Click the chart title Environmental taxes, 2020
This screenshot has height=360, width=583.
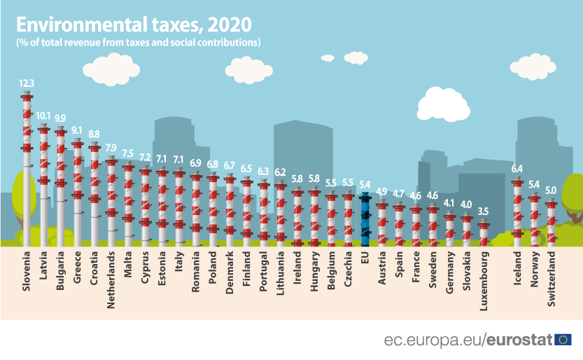coord(133,25)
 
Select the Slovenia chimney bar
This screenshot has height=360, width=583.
coord(27,168)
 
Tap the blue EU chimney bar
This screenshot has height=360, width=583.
coord(365,219)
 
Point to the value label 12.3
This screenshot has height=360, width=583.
coord(27,83)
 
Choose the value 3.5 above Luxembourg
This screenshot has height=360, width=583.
coord(483,211)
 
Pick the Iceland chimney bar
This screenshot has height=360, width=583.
coord(517,210)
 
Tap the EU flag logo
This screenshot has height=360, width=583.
coord(563,340)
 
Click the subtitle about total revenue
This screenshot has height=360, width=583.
coord(139,43)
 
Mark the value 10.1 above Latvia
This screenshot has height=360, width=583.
coord(43,115)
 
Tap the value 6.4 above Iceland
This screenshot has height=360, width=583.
coord(517,169)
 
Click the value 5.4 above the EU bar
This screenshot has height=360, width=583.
coord(365,184)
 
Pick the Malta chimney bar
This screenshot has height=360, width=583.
coord(128,203)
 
